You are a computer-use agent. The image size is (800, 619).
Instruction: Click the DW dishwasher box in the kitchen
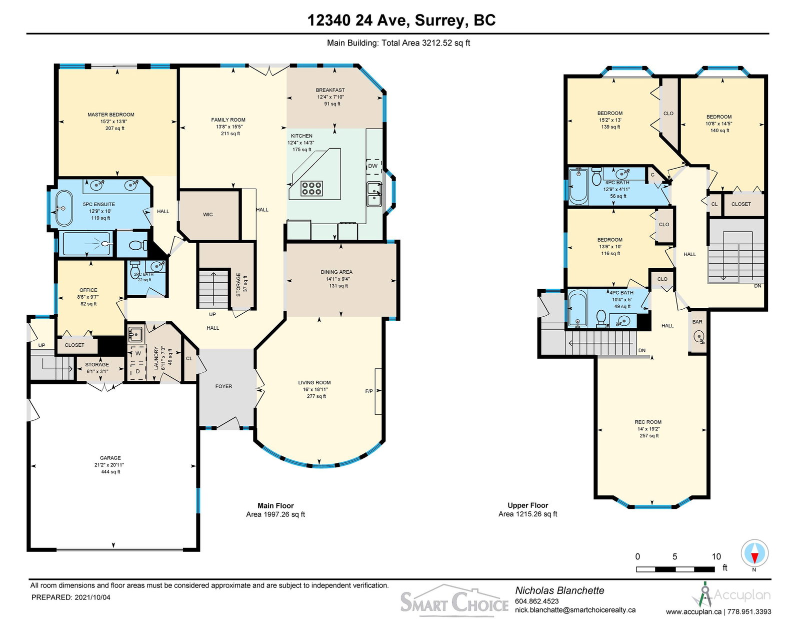coord(373,166)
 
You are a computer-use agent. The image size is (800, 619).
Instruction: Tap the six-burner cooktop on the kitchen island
coord(311,188)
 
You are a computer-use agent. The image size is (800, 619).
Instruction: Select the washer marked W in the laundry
coord(137,353)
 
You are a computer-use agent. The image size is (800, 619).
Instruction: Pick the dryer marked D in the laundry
coord(137,371)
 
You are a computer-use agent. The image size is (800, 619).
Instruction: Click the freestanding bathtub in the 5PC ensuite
coord(64,208)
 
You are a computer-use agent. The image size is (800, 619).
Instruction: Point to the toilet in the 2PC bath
coord(135,270)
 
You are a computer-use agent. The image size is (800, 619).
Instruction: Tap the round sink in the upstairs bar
coord(698,336)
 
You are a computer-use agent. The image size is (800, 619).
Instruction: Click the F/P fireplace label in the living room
coord(369,391)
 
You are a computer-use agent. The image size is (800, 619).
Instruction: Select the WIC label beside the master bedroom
coord(207,215)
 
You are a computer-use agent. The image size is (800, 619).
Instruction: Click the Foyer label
coord(223,386)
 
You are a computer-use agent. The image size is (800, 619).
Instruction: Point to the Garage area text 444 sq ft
coord(110,471)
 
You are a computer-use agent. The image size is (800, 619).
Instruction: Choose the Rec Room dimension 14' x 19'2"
coord(648,429)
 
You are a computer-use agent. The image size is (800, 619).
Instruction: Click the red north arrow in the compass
coord(754,558)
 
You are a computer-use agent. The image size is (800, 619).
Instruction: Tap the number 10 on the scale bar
coord(716,557)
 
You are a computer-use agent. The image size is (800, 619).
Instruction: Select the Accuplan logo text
coord(742,595)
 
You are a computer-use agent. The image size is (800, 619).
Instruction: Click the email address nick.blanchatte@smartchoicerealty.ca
coord(575,610)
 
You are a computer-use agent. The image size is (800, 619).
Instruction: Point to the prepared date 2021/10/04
coord(92,597)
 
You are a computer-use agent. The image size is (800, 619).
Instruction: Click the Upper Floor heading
coord(528,505)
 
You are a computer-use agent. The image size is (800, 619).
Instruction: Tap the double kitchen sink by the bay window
coord(374,194)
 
